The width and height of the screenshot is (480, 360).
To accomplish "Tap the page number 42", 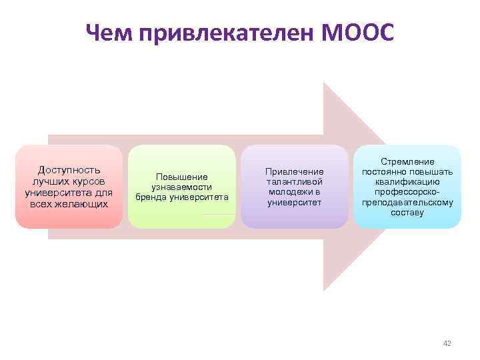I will [x=447, y=343].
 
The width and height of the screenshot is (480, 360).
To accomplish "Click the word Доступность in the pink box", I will [x=69, y=170].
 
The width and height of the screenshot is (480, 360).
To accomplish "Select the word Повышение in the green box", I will [x=182, y=177].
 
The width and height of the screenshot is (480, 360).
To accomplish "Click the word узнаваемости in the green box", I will [x=182, y=187].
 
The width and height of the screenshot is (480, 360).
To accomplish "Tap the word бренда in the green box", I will [x=153, y=198].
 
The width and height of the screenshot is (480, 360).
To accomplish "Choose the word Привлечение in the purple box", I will [x=294, y=171].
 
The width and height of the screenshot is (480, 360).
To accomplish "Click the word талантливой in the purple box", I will [x=294, y=181].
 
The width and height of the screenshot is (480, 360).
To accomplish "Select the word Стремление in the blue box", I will [x=407, y=161].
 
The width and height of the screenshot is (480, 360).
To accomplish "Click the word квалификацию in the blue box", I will [x=407, y=182].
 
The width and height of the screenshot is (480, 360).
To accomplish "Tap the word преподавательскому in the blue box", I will [x=407, y=203].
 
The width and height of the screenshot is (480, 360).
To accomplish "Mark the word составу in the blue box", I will [x=407, y=213].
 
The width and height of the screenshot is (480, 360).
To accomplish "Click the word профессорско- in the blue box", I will [x=407, y=192].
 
